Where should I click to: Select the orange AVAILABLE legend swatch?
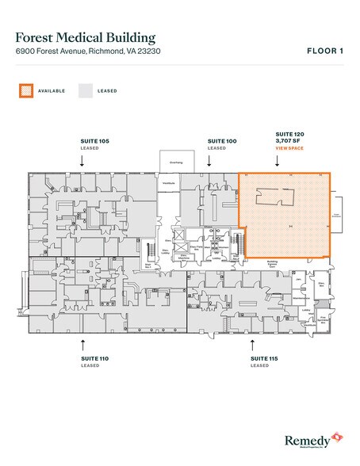click(25, 91)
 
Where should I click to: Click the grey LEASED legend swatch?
click(85, 91)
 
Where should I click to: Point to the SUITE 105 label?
click(94, 141)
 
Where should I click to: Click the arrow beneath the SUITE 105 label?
click(82, 159)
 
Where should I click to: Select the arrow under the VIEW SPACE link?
click(277, 160)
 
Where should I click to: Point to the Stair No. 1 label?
click(157, 267)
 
